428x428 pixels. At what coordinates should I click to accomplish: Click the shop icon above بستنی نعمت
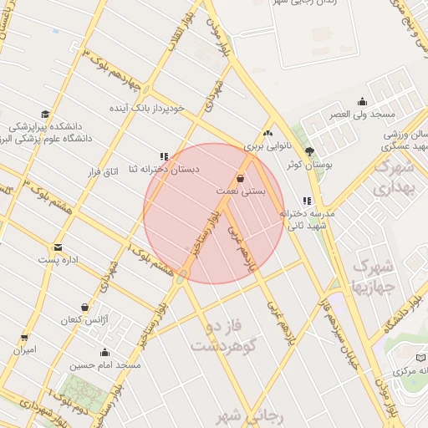click(241, 178)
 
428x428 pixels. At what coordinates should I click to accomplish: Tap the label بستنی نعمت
click(241, 191)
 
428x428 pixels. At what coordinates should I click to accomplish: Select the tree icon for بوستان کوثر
click(310, 151)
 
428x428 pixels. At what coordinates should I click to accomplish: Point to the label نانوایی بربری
click(268, 145)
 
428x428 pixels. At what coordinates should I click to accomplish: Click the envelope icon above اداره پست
click(58, 247)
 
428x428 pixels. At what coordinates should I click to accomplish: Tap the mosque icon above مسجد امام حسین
click(104, 352)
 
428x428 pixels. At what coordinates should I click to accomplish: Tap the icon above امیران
click(24, 338)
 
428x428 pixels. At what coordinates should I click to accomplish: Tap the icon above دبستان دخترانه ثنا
click(164, 155)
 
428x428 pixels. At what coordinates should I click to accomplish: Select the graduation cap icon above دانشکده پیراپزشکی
click(44, 115)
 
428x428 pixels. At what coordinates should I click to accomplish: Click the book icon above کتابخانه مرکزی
click(420, 357)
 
